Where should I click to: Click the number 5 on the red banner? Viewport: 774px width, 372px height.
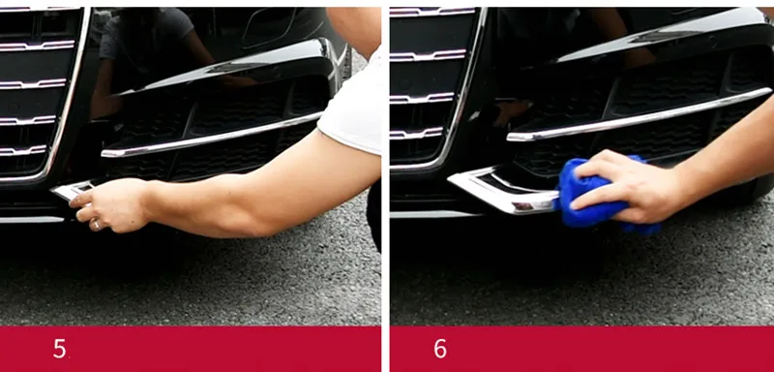click(x=59, y=349)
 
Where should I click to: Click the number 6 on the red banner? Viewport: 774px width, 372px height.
click(x=440, y=349)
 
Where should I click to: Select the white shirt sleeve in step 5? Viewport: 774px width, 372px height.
click(x=351, y=107)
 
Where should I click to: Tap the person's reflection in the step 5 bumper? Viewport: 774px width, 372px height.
click(x=148, y=54)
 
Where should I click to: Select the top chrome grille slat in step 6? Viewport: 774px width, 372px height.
click(x=432, y=11)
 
